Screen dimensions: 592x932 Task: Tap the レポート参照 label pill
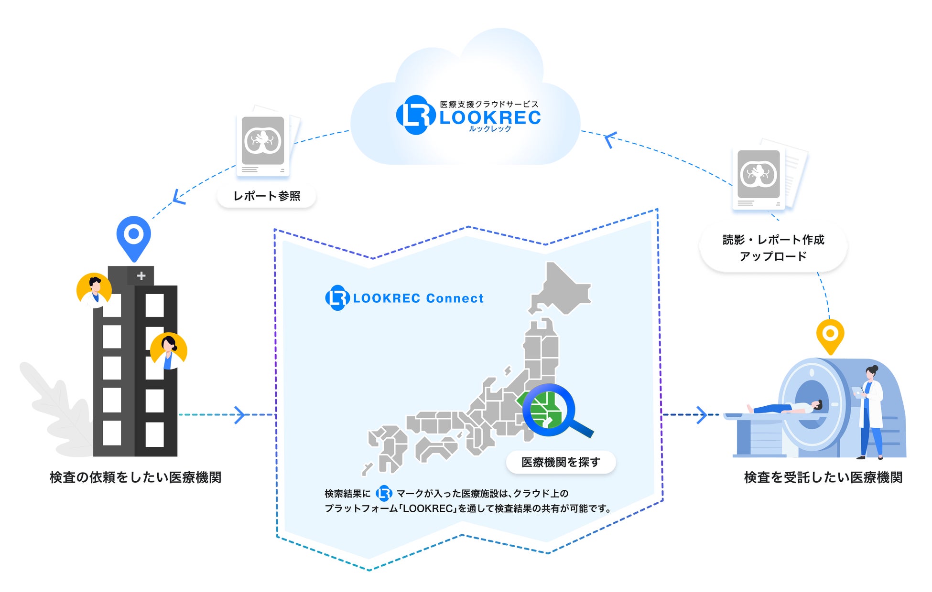tap(266, 196)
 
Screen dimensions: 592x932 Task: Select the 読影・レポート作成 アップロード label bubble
tap(773, 247)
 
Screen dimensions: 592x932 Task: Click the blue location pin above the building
tap(134, 236)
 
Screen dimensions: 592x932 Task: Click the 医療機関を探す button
tap(561, 462)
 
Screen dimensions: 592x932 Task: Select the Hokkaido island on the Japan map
tap(562, 289)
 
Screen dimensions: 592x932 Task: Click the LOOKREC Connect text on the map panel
tap(418, 298)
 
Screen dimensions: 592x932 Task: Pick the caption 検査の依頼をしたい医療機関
tap(135, 477)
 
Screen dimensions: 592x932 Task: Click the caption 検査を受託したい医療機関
tap(823, 477)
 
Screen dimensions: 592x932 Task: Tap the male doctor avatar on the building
tap(94, 290)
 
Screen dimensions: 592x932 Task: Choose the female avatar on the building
tap(168, 351)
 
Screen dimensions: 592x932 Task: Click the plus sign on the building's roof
tap(141, 275)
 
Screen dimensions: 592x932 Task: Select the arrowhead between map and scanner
tap(701, 414)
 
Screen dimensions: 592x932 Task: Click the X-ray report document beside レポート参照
tap(264, 142)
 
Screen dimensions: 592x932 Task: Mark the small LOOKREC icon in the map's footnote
tap(384, 493)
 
